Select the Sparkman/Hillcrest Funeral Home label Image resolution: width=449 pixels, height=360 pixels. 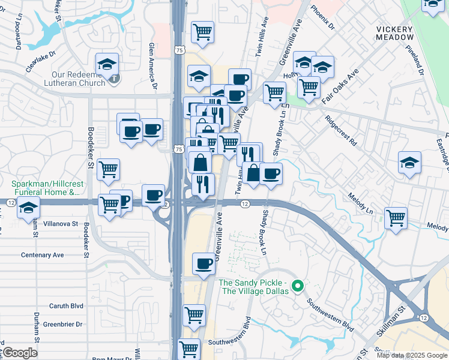tap(45, 188)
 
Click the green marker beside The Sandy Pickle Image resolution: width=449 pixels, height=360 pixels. tap(295, 286)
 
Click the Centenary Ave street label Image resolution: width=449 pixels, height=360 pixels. tap(42, 255)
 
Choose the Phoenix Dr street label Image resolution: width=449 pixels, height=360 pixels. tap(322, 19)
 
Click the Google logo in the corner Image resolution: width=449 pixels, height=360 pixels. tap(19, 353)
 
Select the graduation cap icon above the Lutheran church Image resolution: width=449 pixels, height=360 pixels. tap(107, 64)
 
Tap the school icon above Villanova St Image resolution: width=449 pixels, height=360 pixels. tap(28, 208)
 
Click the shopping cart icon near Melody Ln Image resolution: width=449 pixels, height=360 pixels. tap(396, 217)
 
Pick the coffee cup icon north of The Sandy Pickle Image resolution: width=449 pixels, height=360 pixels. tap(204, 263)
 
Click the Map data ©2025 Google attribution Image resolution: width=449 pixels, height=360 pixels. tap(412, 355)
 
